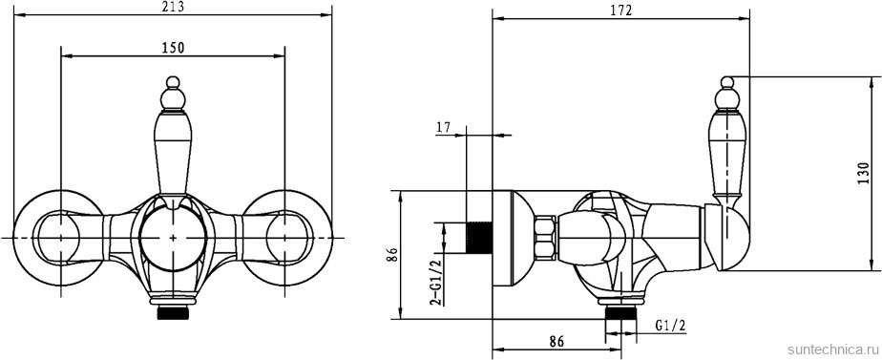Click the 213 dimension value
[174, 7]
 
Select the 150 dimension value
[174, 48]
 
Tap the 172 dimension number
[621, 11]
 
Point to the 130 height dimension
[871, 173]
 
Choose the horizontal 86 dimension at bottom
[556, 341]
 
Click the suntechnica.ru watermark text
[832, 349]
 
